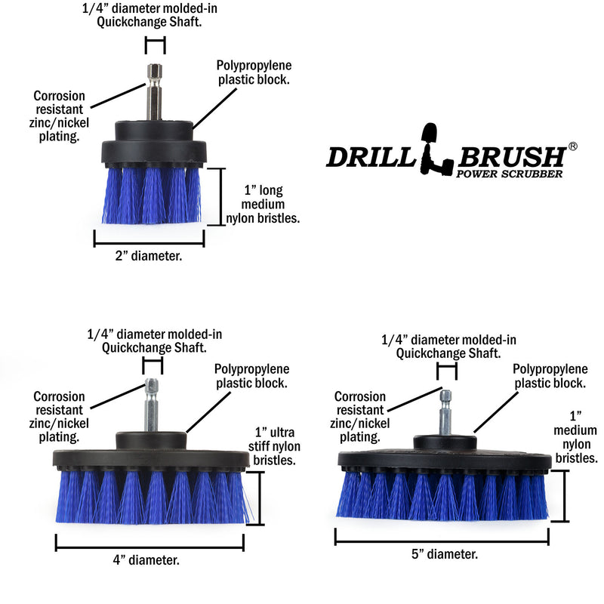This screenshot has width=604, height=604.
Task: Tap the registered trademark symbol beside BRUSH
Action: [572, 146]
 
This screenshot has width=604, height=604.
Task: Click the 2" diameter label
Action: [148, 256]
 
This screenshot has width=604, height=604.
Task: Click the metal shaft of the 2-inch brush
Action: [155, 94]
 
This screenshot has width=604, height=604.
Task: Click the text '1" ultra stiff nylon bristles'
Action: [275, 445]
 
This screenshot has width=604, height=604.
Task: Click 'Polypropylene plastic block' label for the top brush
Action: [254, 72]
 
